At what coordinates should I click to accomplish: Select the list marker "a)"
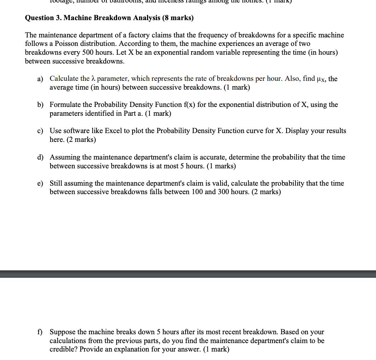(x=40, y=79)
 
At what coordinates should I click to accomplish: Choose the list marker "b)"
(x=40, y=105)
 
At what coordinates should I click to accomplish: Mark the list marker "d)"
(x=40, y=157)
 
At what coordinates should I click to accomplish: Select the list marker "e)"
(x=40, y=184)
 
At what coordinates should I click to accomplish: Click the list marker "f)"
(x=41, y=332)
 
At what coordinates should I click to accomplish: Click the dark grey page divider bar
(x=188, y=274)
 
